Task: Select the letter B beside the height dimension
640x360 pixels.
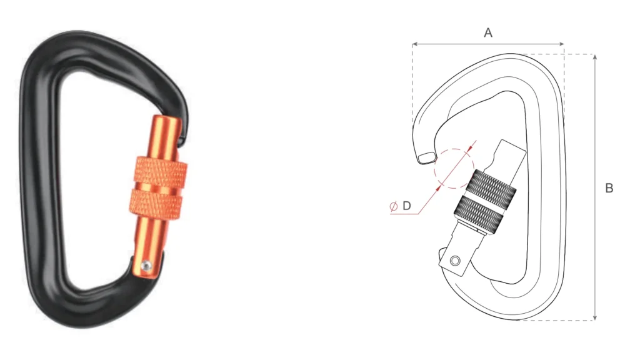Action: tap(609, 188)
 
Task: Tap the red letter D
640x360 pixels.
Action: tap(406, 206)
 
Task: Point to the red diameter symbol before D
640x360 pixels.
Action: tap(394, 206)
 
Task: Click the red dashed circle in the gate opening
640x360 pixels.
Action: tap(455, 168)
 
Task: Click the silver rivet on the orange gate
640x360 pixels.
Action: tap(146, 266)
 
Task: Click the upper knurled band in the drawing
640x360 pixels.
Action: tap(495, 184)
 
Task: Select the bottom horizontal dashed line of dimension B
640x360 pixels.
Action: tap(556, 321)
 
